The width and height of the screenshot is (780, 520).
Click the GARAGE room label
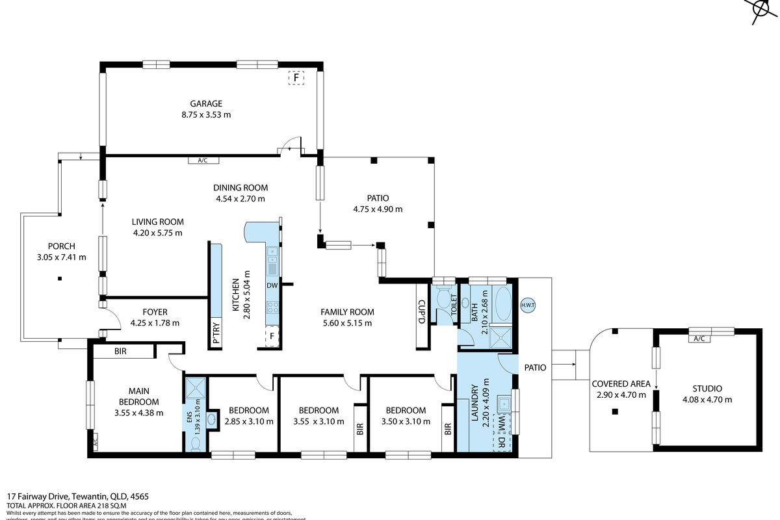(206, 103)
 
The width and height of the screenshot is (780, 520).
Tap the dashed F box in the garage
(296, 78)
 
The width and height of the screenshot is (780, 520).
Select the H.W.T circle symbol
(527, 305)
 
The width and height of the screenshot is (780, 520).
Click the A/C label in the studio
(699, 338)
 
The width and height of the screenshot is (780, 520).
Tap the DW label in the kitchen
(272, 285)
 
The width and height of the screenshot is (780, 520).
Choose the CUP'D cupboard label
(422, 311)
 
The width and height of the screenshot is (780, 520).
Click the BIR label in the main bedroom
(120, 352)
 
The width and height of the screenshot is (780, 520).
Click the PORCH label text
(62, 246)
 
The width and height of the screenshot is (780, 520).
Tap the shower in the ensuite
(196, 388)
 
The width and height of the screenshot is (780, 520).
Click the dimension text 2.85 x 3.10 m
(248, 421)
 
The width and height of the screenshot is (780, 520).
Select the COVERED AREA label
(621, 383)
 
